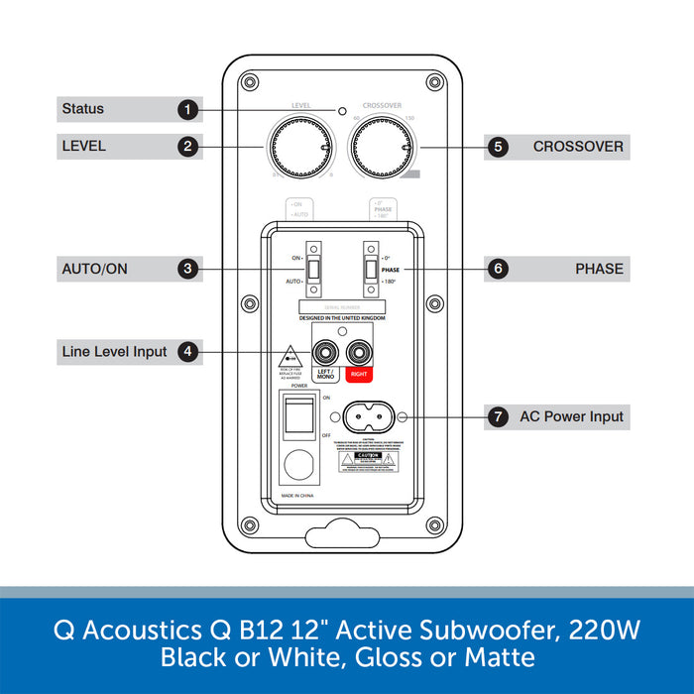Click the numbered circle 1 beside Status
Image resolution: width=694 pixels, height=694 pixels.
[188, 109]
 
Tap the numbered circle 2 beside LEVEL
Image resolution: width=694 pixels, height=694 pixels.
[188, 147]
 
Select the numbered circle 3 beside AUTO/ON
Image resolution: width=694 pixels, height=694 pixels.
[188, 269]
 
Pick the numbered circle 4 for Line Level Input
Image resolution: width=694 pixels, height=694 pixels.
[188, 351]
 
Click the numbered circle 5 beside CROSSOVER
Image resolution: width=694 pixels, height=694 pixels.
[498, 147]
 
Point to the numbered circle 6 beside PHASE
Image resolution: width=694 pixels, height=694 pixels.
[498, 269]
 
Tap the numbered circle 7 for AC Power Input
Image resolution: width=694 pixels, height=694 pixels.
[498, 417]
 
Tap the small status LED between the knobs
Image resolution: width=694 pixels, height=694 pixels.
[341, 111]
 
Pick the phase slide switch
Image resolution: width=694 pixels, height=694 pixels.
[370, 269]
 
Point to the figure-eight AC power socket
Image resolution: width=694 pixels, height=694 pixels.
[369, 417]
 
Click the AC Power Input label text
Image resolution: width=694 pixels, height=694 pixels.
[572, 417]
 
